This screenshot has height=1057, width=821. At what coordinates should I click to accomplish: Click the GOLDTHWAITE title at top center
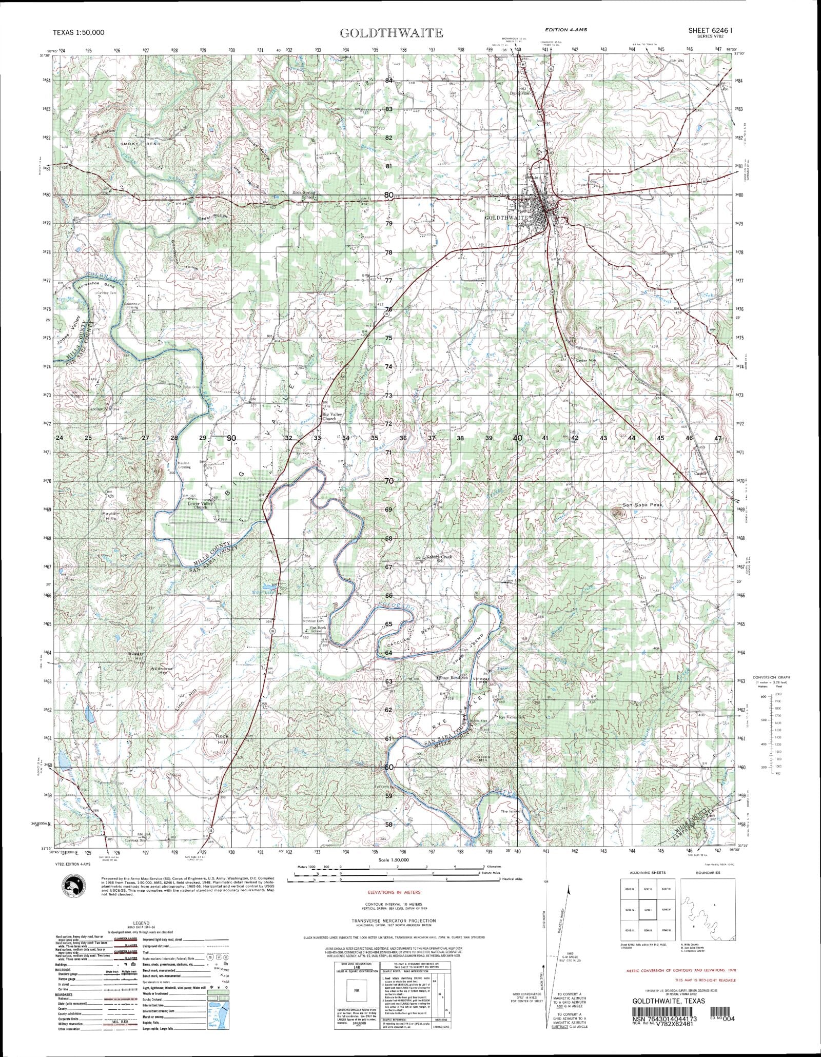(391, 33)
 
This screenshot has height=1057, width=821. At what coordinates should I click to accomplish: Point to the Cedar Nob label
(588, 360)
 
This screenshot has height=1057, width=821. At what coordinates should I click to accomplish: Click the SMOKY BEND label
(141, 144)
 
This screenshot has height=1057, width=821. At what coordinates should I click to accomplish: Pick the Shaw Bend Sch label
(454, 678)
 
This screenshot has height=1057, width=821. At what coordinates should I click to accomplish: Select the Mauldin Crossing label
(184, 465)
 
